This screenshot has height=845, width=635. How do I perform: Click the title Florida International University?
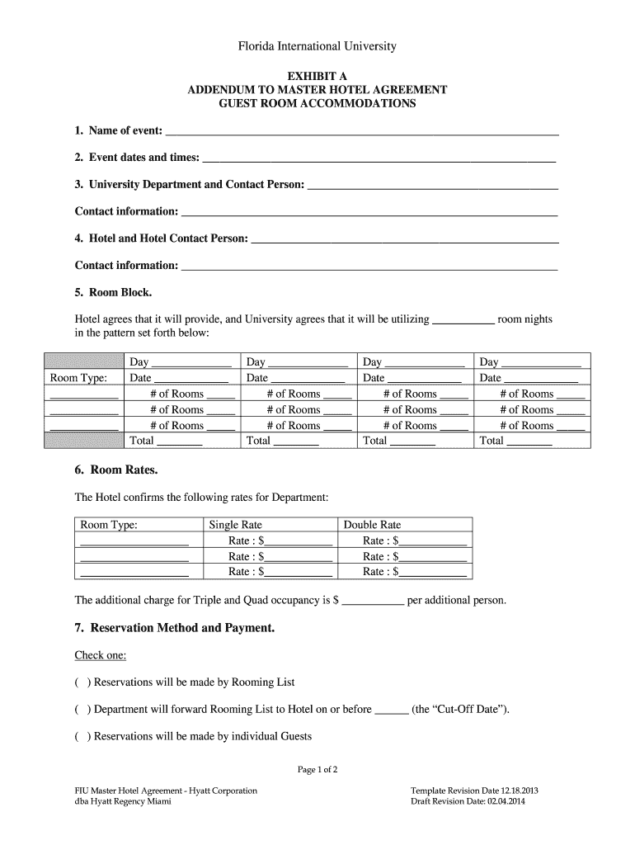tap(317, 47)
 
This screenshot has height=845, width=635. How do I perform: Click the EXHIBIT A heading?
tap(317, 75)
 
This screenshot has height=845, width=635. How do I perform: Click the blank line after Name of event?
tap(362, 132)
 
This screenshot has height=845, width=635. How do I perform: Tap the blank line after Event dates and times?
tap(379, 158)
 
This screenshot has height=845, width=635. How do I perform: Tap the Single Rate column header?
tap(236, 525)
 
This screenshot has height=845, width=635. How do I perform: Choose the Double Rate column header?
tap(372, 525)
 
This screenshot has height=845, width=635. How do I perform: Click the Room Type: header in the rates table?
tap(108, 525)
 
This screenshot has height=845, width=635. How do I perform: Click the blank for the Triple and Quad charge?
tap(373, 602)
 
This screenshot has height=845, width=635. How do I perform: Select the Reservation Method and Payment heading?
tap(174, 629)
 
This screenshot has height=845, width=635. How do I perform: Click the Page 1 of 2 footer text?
tap(317, 770)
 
